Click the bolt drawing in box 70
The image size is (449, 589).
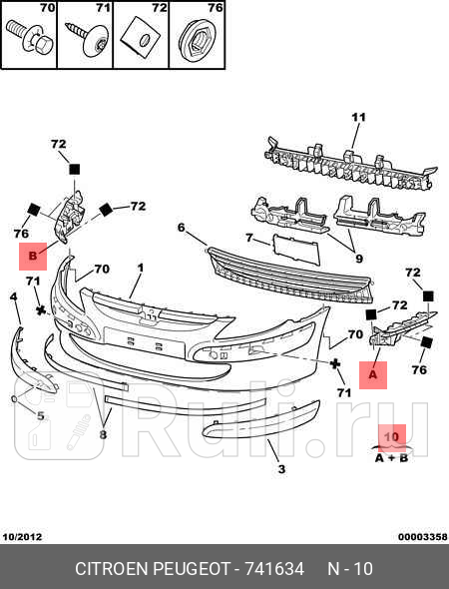tap(31, 38)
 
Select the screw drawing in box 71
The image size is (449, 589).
tap(87, 39)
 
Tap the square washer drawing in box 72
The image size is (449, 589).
tap(141, 39)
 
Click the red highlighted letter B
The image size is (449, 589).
tap(33, 257)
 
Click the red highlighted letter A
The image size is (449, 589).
tap(373, 375)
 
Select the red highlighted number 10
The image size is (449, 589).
tap(391, 437)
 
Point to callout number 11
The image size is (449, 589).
tap(358, 118)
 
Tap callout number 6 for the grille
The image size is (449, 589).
tap(182, 228)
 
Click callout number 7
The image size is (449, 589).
tap(249, 238)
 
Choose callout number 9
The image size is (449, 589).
tap(359, 259)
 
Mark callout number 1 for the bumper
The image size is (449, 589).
tap(141, 269)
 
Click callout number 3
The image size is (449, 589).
tap(281, 469)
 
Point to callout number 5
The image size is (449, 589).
tap(41, 416)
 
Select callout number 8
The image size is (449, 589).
tap(103, 434)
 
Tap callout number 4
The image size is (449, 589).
tap(14, 296)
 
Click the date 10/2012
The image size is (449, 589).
tap(23, 537)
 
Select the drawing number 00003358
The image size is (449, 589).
tap(423, 537)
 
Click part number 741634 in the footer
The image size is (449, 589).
tap(274, 569)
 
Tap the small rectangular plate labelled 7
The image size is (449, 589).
tap(296, 249)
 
